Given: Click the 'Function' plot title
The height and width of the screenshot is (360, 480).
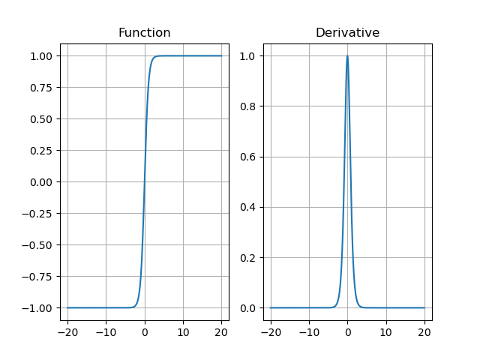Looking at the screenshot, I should pos(144,33).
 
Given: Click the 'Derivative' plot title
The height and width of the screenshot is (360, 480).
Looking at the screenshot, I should pos(347,33).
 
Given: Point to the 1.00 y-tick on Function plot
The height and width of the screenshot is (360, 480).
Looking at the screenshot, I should pos(42,56).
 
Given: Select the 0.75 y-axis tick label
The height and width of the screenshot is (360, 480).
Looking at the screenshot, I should pos(42,88).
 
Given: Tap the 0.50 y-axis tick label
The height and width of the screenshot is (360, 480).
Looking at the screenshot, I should pos(42,119).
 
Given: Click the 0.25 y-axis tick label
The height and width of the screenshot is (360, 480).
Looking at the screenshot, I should pos(42,151).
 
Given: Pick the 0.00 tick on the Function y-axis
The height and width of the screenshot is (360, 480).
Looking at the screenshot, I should pos(42,182).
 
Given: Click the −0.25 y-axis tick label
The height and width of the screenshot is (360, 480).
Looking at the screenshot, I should pos(39,214).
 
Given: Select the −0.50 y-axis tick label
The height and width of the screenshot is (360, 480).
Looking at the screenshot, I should pos(39,245).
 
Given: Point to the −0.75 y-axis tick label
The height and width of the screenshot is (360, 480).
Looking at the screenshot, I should pos(39,277).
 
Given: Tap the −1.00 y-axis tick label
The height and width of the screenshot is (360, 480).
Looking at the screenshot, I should pos(39,308).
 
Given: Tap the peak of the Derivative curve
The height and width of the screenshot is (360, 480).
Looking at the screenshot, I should pos(347,56).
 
